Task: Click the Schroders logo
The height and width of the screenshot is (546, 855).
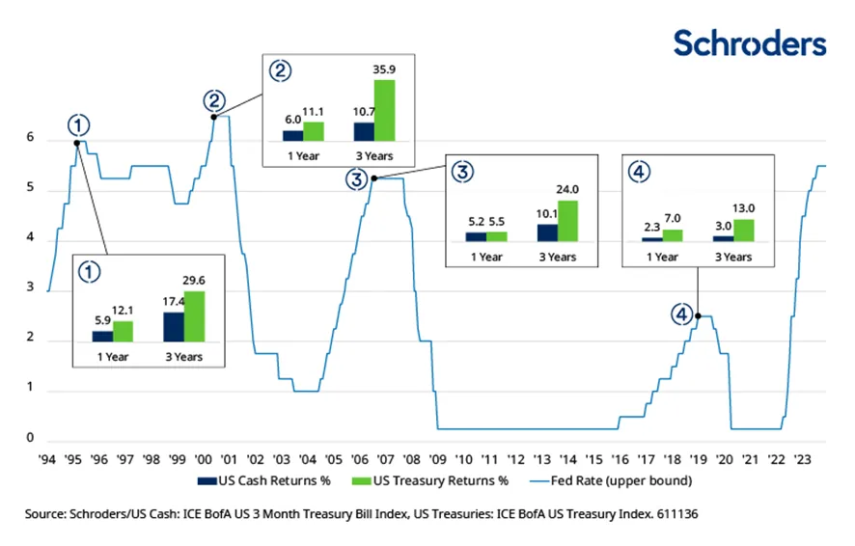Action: click(749, 42)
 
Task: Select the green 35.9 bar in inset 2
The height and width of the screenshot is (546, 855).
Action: click(384, 110)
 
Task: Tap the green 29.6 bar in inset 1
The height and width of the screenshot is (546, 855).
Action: click(193, 316)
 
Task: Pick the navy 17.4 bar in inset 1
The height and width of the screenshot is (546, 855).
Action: click(174, 326)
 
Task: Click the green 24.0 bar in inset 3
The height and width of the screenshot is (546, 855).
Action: click(567, 220)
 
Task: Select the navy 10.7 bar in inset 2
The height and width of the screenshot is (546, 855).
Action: click(364, 131)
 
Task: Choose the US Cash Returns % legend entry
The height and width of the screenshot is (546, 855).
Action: click(254, 479)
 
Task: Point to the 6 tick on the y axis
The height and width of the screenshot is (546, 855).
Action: click(30, 139)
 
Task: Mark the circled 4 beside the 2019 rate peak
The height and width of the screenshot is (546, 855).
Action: click(682, 315)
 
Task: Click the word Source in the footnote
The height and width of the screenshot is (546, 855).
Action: click(47, 515)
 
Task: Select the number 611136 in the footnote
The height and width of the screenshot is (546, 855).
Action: click(671, 515)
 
